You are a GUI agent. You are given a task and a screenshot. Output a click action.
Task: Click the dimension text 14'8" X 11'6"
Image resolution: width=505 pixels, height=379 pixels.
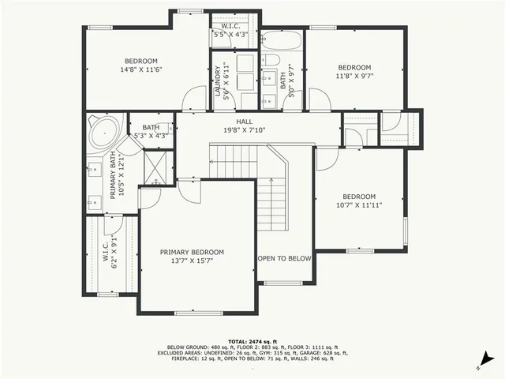tap(141, 70)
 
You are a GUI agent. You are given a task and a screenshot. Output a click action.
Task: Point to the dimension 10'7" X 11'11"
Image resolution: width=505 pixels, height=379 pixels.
tap(358, 206)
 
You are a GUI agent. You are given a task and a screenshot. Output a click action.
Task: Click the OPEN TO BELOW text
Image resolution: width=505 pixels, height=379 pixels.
tap(285, 259)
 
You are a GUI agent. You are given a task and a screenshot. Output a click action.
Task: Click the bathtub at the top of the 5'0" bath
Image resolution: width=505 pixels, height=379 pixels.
tap(283, 40)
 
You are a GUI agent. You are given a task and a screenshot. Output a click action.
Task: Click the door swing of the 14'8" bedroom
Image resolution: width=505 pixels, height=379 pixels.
tap(192, 99)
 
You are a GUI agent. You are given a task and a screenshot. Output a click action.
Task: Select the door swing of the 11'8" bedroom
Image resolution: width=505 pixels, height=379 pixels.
tap(320, 99)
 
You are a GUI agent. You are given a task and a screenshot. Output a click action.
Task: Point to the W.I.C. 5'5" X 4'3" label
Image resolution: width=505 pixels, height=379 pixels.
tap(230, 31)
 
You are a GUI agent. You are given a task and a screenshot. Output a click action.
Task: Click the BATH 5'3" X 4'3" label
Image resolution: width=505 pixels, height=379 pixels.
tap(151, 131)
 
